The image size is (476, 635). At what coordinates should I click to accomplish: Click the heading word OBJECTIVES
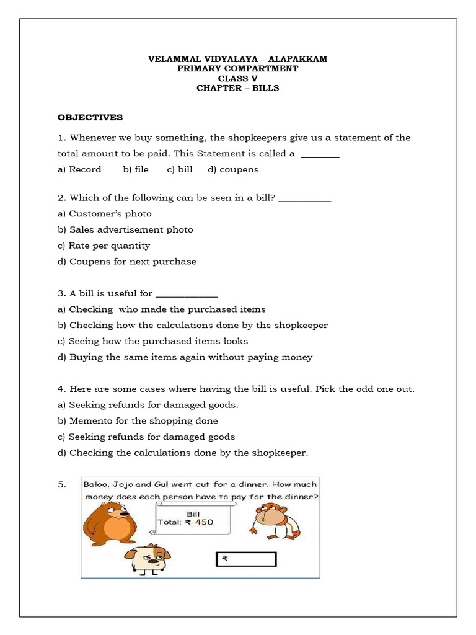(x=90, y=117)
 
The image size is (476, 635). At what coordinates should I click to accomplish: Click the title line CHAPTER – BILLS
(x=237, y=88)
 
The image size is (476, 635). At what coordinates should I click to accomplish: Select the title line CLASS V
(x=237, y=78)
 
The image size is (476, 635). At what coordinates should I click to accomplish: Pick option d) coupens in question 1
(x=233, y=169)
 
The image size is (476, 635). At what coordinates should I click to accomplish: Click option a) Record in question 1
(x=79, y=169)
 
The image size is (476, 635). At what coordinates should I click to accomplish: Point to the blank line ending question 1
(x=320, y=155)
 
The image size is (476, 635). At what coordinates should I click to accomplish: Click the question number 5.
(x=61, y=485)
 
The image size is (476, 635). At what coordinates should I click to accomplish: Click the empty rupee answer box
(x=245, y=559)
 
